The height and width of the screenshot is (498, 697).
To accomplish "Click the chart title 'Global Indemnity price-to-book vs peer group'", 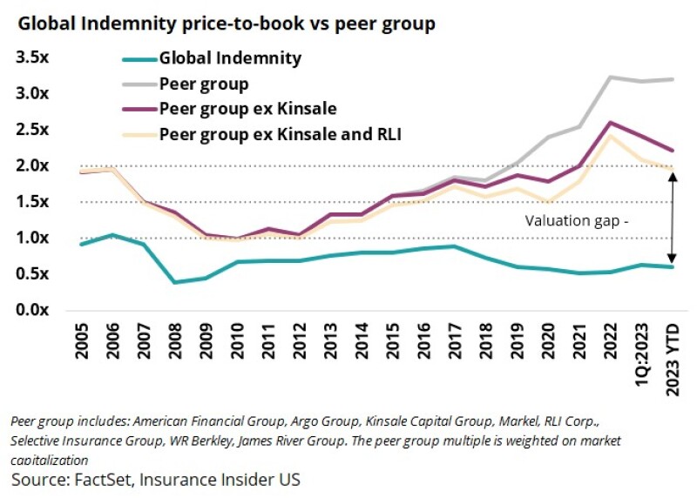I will click(224, 24).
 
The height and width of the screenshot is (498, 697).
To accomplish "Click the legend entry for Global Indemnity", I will click(230, 59).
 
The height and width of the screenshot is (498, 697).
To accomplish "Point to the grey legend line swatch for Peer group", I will click(137, 84).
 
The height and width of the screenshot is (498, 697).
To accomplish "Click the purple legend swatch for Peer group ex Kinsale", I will click(137, 110).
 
